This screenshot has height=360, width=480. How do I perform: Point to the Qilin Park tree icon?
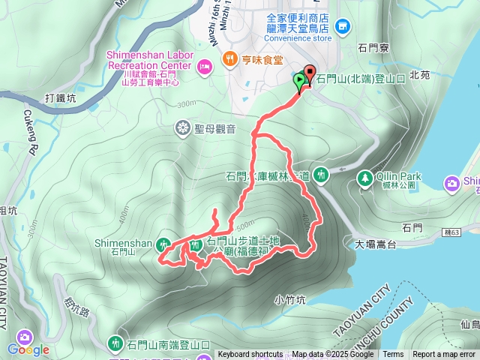(x=365, y=178)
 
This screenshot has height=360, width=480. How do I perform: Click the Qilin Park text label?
(x=401, y=176)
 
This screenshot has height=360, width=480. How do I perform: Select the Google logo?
(x=28, y=349)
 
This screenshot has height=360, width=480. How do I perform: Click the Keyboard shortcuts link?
(x=250, y=355)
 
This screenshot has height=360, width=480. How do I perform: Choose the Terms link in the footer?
(x=393, y=355)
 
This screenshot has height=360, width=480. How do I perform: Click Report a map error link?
(x=445, y=355)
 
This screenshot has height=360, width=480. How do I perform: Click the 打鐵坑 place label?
(x=61, y=98)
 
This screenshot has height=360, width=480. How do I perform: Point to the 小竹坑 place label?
(x=290, y=300)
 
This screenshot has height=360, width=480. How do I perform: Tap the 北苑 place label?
(x=442, y=75)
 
